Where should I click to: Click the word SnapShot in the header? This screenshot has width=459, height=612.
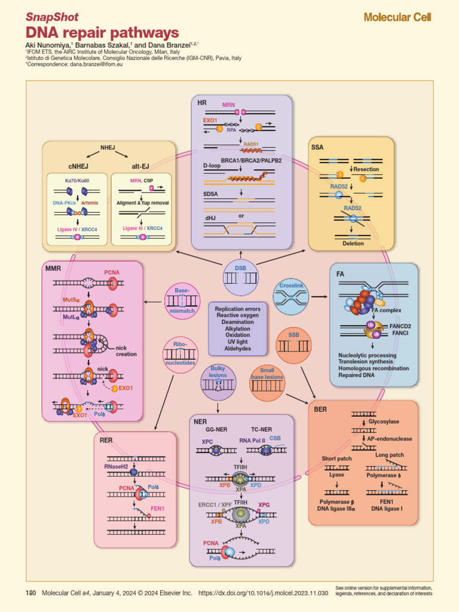point(52,17)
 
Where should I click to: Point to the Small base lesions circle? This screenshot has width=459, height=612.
point(267,383)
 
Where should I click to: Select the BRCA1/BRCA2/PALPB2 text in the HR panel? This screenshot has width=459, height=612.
point(251,160)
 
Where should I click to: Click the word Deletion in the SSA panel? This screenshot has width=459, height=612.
point(353,243)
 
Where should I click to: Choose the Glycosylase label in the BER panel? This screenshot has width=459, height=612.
point(384,421)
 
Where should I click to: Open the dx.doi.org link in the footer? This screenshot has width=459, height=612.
point(263,593)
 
